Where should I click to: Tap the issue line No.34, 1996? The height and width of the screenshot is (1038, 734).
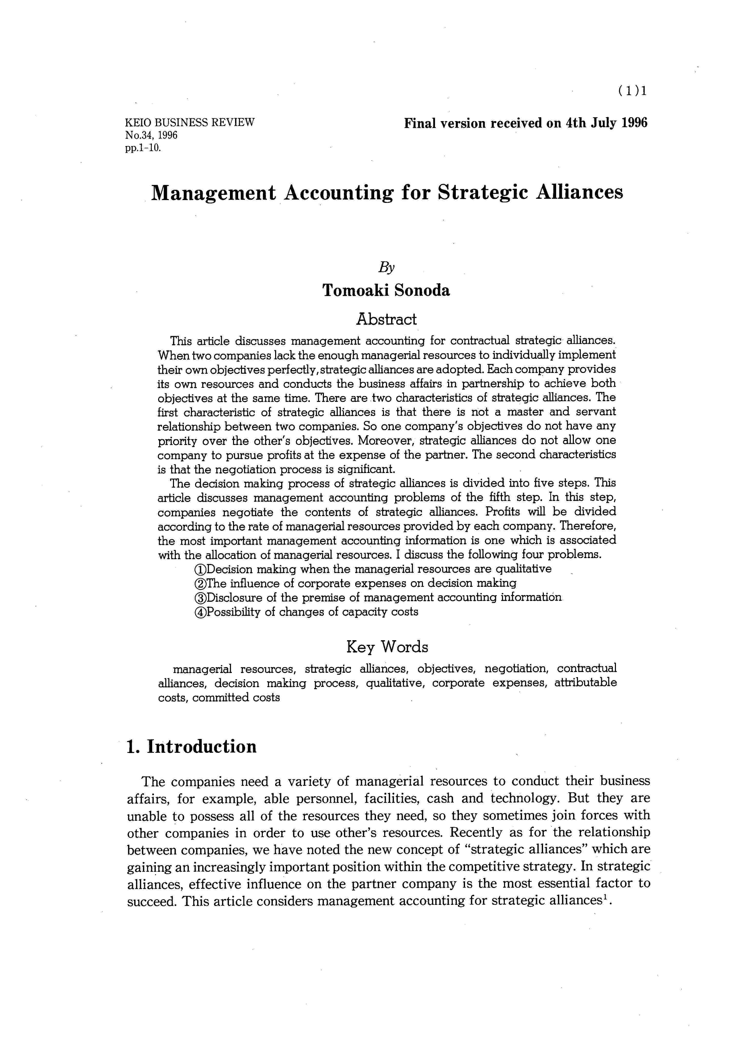tap(151, 135)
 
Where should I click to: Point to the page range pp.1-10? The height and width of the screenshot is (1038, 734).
tap(143, 147)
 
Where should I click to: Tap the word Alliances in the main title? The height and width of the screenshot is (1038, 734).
tap(579, 192)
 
